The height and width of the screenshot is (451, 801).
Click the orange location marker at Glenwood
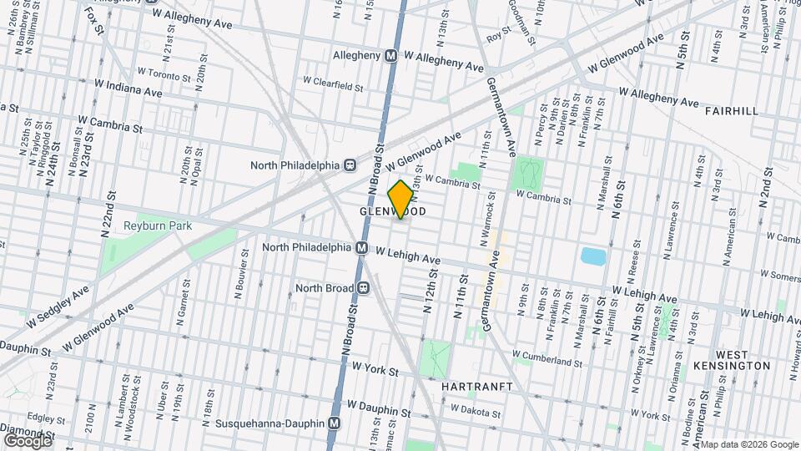(400, 200)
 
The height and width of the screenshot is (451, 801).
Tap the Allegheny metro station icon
(390, 56)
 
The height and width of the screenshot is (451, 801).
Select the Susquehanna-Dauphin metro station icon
(335, 423)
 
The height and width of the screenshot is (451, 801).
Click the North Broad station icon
(364, 288)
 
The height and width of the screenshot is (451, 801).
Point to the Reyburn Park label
(158, 225)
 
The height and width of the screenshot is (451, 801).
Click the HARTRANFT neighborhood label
(470, 387)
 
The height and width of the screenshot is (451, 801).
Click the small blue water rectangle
(594, 255)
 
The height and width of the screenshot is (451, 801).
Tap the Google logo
(27, 439)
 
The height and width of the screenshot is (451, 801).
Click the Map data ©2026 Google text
(745, 444)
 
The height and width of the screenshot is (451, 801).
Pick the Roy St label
(498, 36)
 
